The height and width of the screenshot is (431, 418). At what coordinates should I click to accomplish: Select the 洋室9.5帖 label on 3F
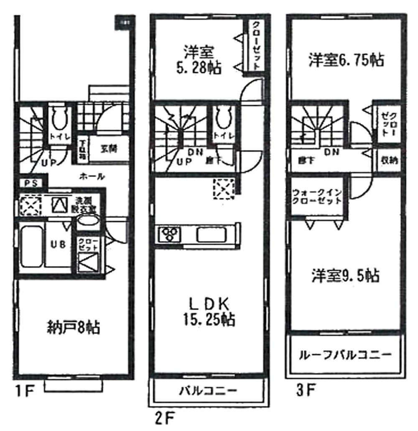point(345,276)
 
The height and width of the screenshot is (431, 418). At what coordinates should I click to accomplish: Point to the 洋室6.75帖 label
point(346,60)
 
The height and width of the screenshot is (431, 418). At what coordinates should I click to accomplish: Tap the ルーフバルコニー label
point(345,356)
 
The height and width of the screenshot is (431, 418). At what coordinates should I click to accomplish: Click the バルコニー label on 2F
point(208,392)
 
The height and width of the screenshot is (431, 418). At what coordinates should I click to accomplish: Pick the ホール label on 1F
point(92,177)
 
